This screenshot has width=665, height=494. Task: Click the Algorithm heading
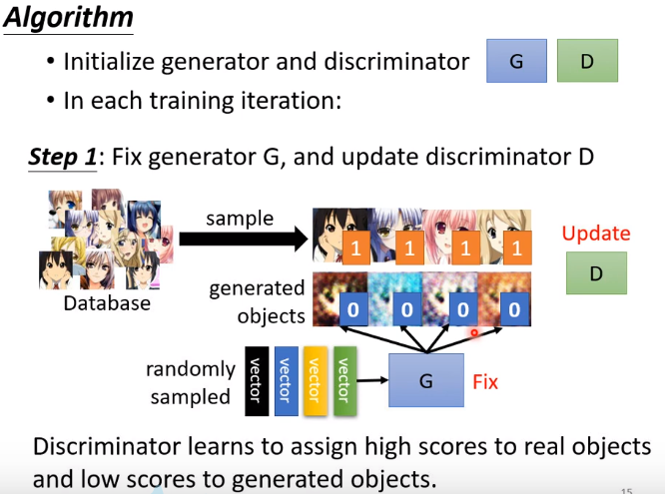68,20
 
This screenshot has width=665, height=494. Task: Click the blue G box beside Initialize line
516,61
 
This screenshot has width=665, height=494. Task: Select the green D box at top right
587,61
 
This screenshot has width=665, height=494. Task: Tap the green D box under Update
596,272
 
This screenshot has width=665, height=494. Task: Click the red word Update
596,234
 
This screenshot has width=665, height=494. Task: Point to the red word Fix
484,381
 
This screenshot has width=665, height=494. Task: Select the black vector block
256,380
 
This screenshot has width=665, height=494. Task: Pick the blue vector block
285,380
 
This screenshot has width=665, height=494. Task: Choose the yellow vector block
314,380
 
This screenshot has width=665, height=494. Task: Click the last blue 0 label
514,310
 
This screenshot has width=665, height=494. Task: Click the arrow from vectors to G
373,380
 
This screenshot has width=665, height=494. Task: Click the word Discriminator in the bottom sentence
98,446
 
